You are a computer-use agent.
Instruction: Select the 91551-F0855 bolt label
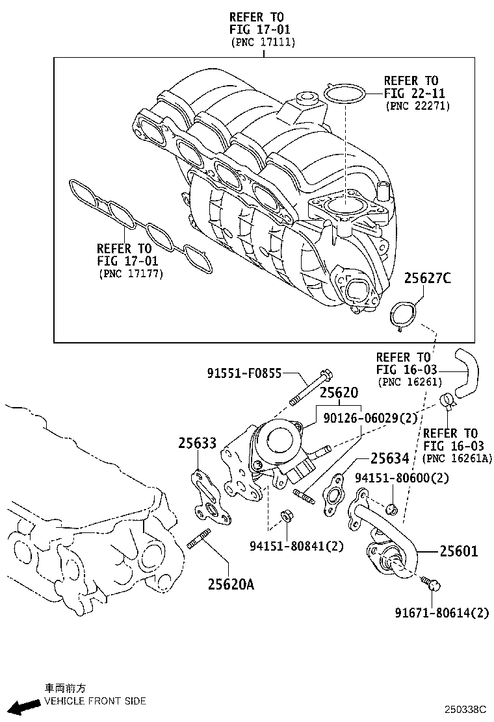click(244, 373)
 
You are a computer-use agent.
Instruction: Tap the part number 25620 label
click(338, 393)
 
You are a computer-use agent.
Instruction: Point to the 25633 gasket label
click(197, 443)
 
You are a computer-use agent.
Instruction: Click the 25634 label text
click(389, 458)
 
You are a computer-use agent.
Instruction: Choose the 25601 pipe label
click(458, 552)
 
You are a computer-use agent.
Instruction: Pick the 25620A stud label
click(231, 584)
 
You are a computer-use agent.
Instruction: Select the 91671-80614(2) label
click(442, 612)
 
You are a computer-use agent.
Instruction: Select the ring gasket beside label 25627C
click(400, 315)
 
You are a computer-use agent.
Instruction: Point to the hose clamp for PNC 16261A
click(447, 402)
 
